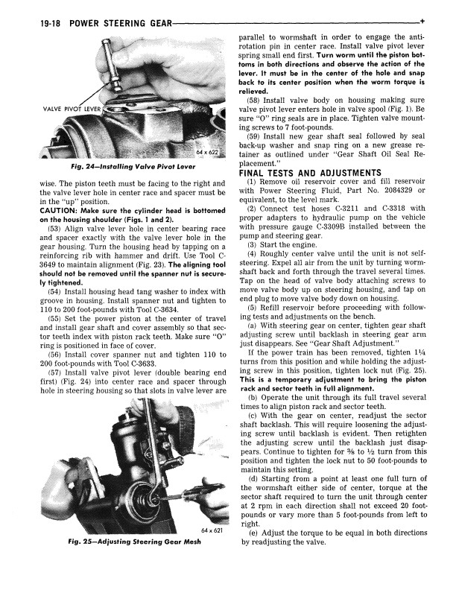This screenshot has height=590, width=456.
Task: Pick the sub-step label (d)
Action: tap(255, 470)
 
